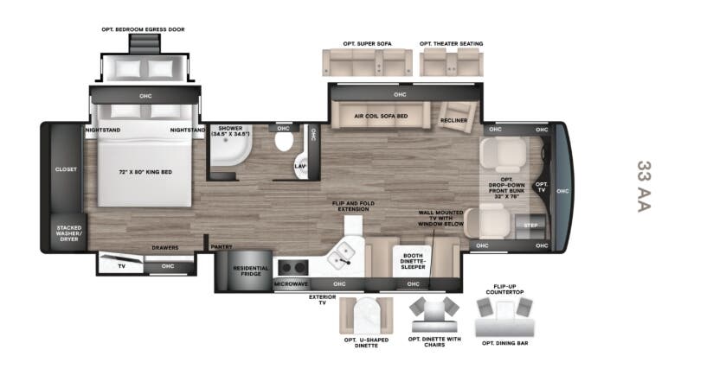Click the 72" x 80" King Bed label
pyautogui.click(x=145, y=172)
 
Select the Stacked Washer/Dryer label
pyautogui.click(x=69, y=233)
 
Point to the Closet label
pyautogui.click(x=66, y=169)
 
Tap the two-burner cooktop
pyautogui.click(x=293, y=268)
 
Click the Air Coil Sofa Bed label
pyautogui.click(x=381, y=117)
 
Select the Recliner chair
pyautogui.click(x=456, y=117)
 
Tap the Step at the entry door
pyautogui.click(x=530, y=226)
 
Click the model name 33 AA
pyautogui.click(x=644, y=187)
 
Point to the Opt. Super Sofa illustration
pyautogui.click(x=368, y=62)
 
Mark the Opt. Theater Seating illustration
pyautogui.click(x=451, y=62)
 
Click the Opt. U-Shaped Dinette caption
pyautogui.click(x=366, y=342)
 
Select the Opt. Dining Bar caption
pyautogui.click(x=505, y=343)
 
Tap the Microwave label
pyautogui.click(x=291, y=284)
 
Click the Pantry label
pyautogui.click(x=222, y=246)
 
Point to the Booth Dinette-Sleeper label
pyautogui.click(x=413, y=261)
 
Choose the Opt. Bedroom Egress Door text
pyautogui.click(x=144, y=29)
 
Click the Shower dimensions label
pyautogui.click(x=230, y=131)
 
